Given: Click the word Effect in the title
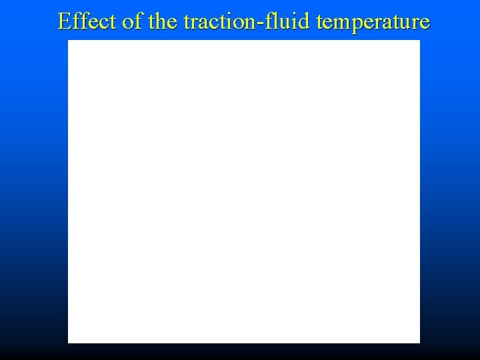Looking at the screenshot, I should click(x=87, y=22).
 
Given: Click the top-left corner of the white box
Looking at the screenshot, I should click(x=69, y=41).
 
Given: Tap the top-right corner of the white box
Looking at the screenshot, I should click(x=419, y=41).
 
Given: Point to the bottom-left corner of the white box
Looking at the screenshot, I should click(x=69, y=342).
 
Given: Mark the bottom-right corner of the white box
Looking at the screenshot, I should click(x=419, y=342).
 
